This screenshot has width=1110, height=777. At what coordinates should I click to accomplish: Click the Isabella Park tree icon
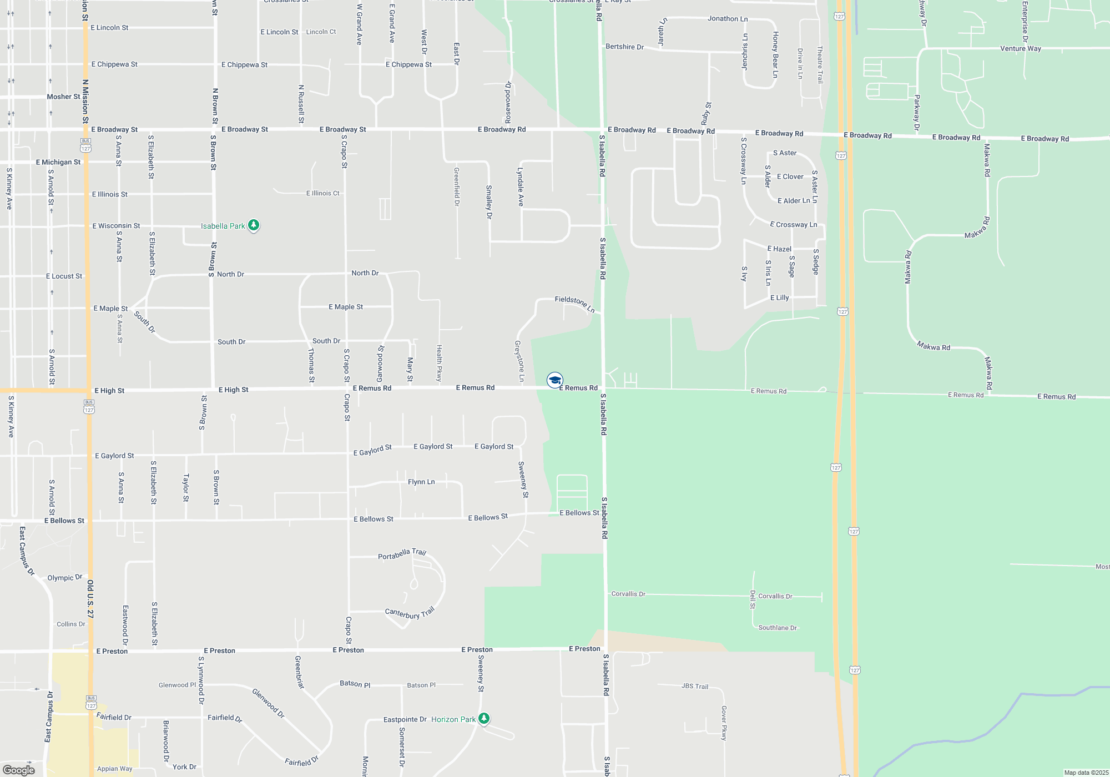pyautogui.click(x=254, y=225)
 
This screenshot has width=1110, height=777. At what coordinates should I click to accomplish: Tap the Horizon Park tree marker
pyautogui.click(x=484, y=719)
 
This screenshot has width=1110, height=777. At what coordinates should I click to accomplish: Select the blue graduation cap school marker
pyautogui.click(x=554, y=380)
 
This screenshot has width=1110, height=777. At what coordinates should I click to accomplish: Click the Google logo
pyautogui.click(x=18, y=770)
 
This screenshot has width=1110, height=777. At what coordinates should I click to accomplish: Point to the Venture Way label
pyautogui.click(x=1020, y=49)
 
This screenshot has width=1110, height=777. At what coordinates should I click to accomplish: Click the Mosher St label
pyautogui.click(x=63, y=97)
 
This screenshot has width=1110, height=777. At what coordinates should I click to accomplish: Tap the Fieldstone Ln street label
pyautogui.click(x=574, y=303)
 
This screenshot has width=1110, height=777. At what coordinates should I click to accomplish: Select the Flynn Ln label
pyautogui.click(x=421, y=482)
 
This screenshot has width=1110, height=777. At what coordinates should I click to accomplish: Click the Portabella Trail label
pyautogui.click(x=402, y=554)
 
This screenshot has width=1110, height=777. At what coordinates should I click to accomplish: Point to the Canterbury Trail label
pyautogui.click(x=410, y=613)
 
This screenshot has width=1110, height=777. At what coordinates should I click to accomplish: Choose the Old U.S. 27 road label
pyautogui.click(x=90, y=599)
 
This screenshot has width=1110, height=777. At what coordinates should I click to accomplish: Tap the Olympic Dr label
pyautogui.click(x=64, y=578)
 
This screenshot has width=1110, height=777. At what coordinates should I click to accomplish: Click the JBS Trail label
pyautogui.click(x=695, y=687)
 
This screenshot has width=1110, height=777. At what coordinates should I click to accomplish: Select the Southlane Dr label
pyautogui.click(x=777, y=628)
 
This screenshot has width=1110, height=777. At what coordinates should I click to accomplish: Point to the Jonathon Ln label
pyautogui.click(x=727, y=19)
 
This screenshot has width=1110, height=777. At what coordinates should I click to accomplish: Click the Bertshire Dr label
pyautogui.click(x=624, y=47)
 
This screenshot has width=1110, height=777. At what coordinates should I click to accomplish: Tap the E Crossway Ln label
pyautogui.click(x=793, y=225)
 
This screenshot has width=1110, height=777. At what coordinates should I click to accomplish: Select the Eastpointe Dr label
pyautogui.click(x=405, y=719)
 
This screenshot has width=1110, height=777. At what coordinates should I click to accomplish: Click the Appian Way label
pyautogui.click(x=114, y=769)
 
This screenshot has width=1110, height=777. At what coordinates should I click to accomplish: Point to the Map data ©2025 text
pyautogui.click(x=1086, y=773)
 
